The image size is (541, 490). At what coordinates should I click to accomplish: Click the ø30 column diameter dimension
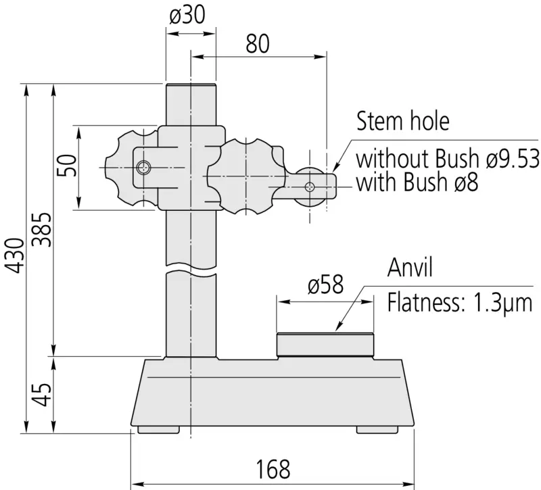tap(187, 16)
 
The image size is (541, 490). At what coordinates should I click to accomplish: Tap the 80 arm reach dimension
tap(258, 44)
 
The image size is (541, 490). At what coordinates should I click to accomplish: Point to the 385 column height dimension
tap(42, 230)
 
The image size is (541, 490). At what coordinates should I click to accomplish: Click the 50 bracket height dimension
tap(66, 166)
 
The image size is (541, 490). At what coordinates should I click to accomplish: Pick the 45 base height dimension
tap(42, 394)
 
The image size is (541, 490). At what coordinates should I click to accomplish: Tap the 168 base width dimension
tap(273, 469)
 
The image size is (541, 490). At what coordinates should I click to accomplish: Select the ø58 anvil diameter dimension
tap(326, 285)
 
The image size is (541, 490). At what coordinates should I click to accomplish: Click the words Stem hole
tap(402, 121)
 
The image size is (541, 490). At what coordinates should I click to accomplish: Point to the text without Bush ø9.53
tap(448, 158)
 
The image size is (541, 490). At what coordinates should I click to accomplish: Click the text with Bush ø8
tap(417, 182)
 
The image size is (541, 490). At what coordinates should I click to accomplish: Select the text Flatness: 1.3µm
tap(460, 303)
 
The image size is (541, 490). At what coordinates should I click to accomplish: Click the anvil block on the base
tap(325, 345)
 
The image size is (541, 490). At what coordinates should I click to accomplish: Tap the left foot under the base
tap(158, 430)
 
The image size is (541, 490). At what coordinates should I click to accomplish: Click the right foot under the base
tap(377, 430)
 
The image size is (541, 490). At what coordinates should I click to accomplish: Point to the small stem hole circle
tap(310, 187)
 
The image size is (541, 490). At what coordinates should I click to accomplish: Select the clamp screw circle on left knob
tap(143, 168)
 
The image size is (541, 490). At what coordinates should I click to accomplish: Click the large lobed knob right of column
tap(246, 176)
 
